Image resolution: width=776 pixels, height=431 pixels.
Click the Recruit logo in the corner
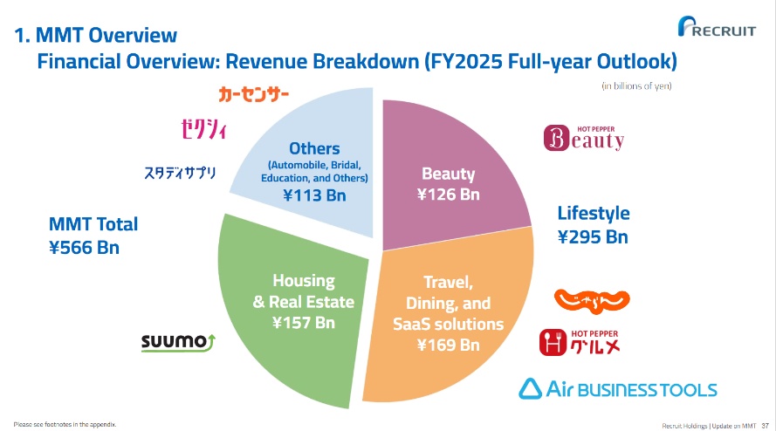[717, 26]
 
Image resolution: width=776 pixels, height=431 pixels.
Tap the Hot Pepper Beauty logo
[584, 138]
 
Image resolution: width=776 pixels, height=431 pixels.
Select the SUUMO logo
[178, 342]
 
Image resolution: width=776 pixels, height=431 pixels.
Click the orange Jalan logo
[592, 301]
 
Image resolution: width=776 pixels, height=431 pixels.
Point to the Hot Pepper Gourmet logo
[580, 342]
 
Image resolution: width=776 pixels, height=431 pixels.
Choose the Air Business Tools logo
[618, 389]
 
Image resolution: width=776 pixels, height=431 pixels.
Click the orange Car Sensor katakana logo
[253, 94]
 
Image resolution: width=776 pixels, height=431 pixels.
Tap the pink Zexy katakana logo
[204, 129]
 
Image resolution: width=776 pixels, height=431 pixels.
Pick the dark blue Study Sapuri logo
[180, 173]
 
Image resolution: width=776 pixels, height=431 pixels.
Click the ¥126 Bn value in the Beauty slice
[449, 195]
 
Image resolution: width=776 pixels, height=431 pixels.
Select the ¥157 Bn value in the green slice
[304, 323]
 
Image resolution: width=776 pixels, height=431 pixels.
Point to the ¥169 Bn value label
[449, 345]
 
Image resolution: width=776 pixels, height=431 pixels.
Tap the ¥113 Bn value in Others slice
[314, 195]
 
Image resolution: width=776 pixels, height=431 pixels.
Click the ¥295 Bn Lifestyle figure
[593, 237]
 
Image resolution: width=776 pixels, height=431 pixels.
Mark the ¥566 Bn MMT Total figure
[84, 248]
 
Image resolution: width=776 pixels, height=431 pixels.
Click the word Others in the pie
[314, 148]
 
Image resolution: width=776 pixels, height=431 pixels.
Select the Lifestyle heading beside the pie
[594, 213]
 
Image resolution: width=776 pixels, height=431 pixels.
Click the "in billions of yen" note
[636, 86]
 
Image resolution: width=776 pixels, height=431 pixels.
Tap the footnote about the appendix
[65, 425]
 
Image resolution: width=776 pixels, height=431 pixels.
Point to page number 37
[766, 426]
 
